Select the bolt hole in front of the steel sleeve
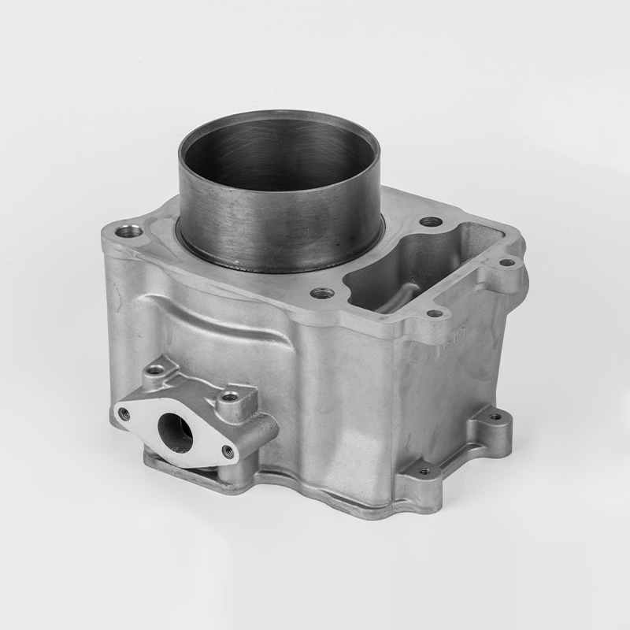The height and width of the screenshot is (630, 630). click(x=321, y=293)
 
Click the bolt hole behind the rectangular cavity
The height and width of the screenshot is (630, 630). click(x=430, y=222)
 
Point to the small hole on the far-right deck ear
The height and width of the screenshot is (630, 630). click(x=507, y=262)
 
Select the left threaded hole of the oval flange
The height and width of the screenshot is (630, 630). click(x=124, y=412)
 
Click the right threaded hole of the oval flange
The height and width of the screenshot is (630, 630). click(x=228, y=450)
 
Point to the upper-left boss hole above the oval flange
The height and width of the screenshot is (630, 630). click(x=157, y=368)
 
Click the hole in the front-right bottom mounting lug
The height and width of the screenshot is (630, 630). click(x=424, y=471)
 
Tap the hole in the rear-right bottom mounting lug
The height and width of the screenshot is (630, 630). click(x=495, y=417)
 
